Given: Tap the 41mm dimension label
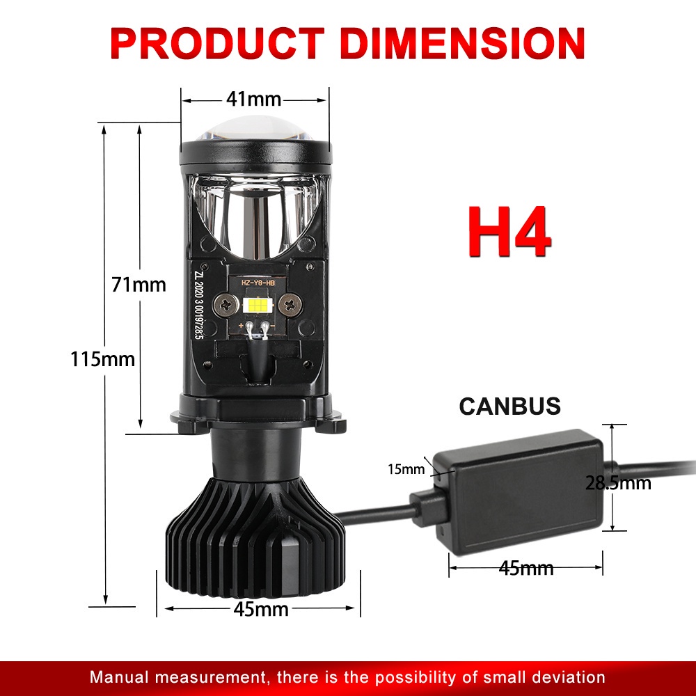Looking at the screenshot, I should tap(253, 100).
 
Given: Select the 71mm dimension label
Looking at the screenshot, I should tap(139, 284).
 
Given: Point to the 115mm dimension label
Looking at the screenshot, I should tap(102, 359).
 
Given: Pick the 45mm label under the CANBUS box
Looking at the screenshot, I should tap(526, 569).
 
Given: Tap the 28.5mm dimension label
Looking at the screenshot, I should tap(618, 482).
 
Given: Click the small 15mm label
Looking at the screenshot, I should tap(406, 468).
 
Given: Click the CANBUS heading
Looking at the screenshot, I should tap(509, 406).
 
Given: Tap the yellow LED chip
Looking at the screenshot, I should tap(255, 303).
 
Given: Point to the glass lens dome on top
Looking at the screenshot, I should tap(254, 130).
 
